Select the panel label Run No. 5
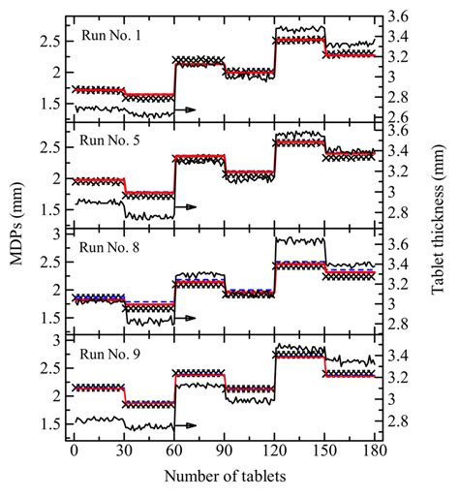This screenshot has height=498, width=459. pyautogui.click(x=112, y=141)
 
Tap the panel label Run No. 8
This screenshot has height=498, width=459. pyautogui.click(x=112, y=247)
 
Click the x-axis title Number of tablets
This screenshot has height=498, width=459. pyautogui.click(x=224, y=478)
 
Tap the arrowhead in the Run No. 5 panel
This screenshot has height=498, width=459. pyautogui.click(x=191, y=206)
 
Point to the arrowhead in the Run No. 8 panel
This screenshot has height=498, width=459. pyautogui.click(x=191, y=318)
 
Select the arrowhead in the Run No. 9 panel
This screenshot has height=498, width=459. pyautogui.click(x=191, y=424)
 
